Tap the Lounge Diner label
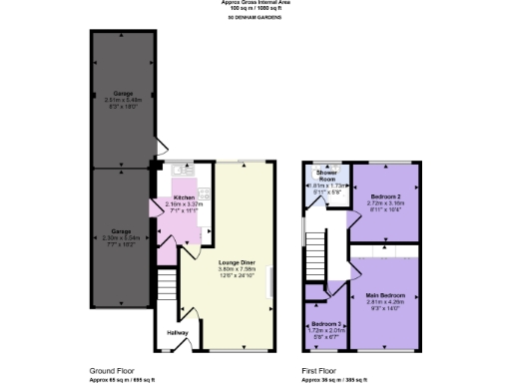point(238,262)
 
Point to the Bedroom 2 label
point(387,197)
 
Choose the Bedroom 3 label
point(325,325)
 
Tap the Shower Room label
point(325,173)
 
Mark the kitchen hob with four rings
point(205,192)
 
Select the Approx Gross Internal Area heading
point(255,3)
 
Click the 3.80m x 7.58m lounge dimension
point(238,269)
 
